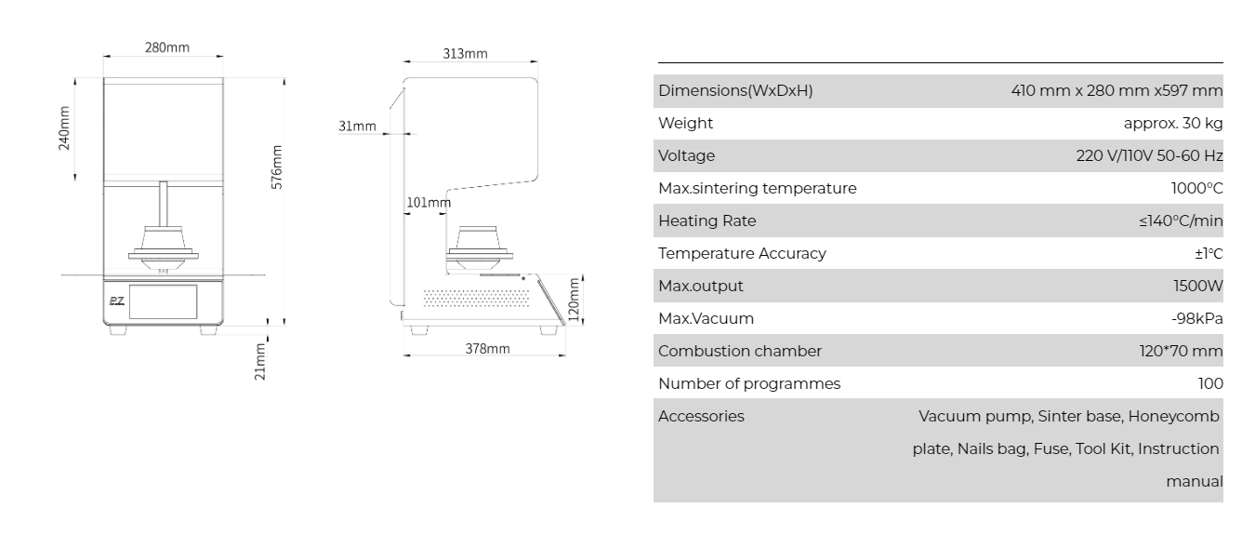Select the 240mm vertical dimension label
pos(64,129)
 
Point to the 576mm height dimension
pos(277,167)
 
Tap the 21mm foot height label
pos(262,361)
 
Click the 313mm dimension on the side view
pos(464,54)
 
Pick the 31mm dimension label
pos(357,127)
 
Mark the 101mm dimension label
pos(428,202)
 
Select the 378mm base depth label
pos(487,349)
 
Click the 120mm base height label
pos(574,298)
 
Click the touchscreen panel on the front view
pos(164,302)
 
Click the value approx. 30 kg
pos(1173,123)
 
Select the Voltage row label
pos(686,155)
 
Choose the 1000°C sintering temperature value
pos(1196,188)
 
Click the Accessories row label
pos(701,416)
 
